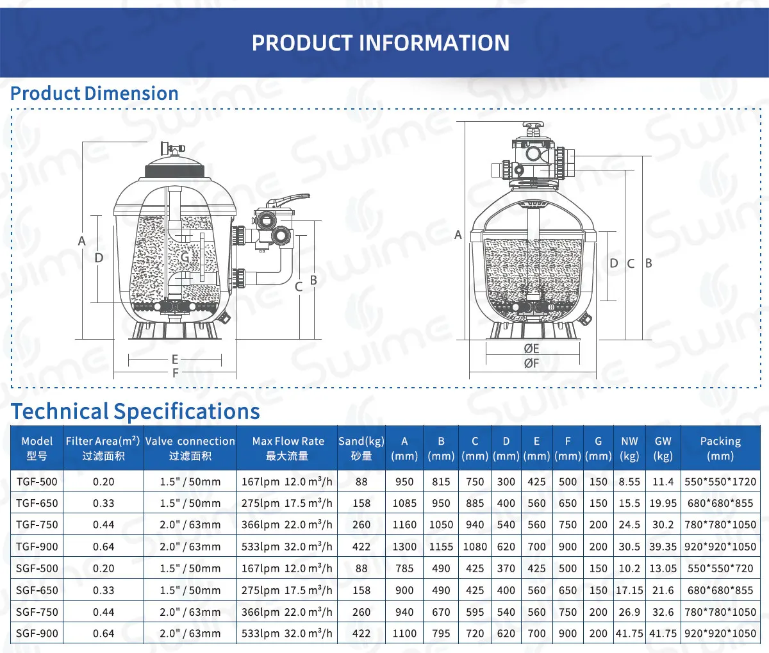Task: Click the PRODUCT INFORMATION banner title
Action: click(381, 43)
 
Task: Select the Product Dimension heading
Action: click(95, 94)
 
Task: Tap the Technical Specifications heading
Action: click(136, 411)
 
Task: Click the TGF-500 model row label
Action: click(37, 482)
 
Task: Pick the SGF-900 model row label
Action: click(37, 633)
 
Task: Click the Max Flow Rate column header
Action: click(288, 448)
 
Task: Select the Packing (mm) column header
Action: click(720, 448)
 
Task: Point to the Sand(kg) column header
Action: click(361, 448)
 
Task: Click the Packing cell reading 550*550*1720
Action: click(720, 482)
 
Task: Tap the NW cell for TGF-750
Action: click(629, 525)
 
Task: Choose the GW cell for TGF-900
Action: click(663, 547)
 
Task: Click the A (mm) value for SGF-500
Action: click(404, 568)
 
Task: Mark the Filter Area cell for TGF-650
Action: click(103, 503)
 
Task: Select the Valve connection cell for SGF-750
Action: click(190, 612)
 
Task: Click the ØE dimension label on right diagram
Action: click(531, 349)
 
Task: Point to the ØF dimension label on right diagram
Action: click(531, 363)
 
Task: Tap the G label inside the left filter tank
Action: click(185, 258)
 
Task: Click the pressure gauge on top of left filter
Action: click(172, 149)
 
